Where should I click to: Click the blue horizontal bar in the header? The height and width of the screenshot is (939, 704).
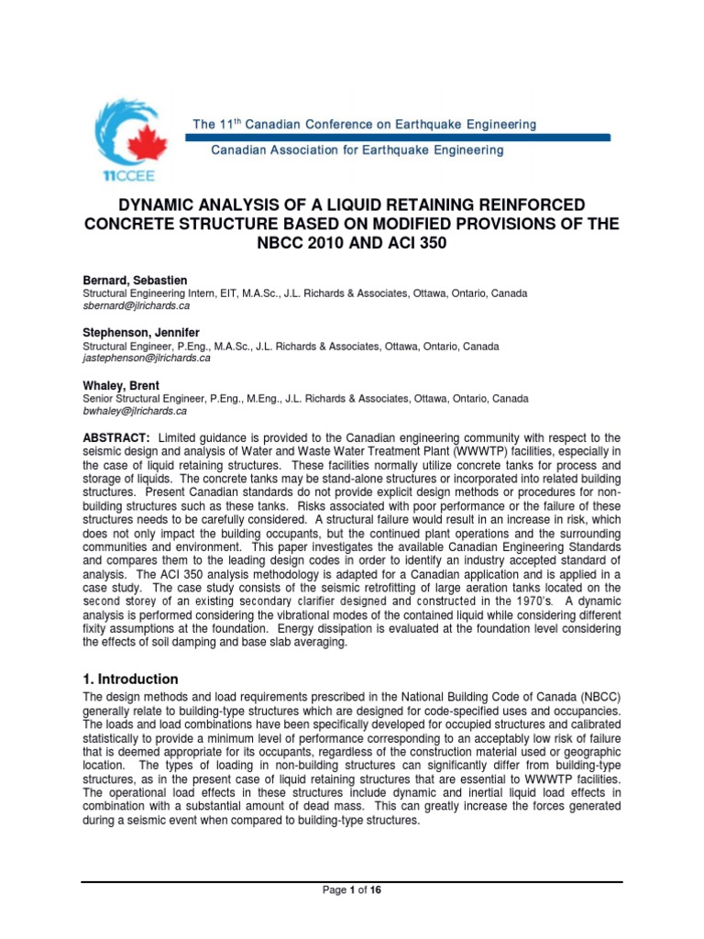pos(397,137)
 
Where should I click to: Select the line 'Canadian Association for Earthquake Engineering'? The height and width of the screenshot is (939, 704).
pos(357,149)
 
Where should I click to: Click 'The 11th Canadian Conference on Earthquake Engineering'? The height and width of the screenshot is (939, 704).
pos(364,124)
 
